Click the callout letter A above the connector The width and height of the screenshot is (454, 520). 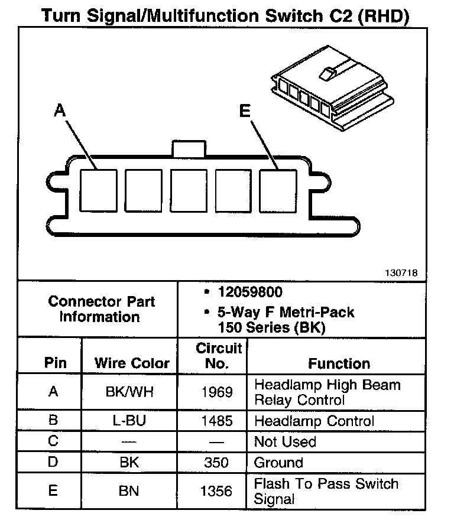pos(59,110)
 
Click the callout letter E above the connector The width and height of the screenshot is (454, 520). pos(245,110)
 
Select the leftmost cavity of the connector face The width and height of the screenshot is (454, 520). pos(99,191)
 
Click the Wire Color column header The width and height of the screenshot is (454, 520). pos(132,363)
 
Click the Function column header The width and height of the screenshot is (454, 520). pos(339,363)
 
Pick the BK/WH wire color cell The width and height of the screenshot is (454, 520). pos(129,392)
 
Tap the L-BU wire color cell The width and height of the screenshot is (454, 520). pos(129,421)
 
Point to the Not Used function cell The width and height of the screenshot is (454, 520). pos(285,441)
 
